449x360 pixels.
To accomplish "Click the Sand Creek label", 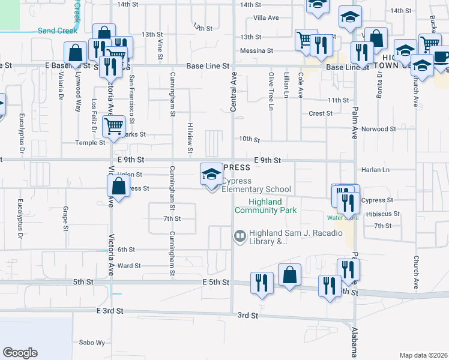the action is tap(56, 31).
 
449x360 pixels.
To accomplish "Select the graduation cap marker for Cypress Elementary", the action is tap(211, 175).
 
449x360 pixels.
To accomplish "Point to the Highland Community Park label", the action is tap(266, 206).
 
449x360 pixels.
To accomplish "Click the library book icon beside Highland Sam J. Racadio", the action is tap(240, 236).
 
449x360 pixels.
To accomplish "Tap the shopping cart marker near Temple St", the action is tap(113, 127).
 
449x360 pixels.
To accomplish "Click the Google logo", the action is tap(20, 352).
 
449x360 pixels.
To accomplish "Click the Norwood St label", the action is tap(379, 129).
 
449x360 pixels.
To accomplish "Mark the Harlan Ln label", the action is tap(376, 170).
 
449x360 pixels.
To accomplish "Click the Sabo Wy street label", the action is tap(92, 343).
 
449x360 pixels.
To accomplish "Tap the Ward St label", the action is tap(129, 265).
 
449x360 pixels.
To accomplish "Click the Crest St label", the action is tap(321, 113).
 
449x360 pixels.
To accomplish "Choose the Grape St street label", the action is tap(65, 219).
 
